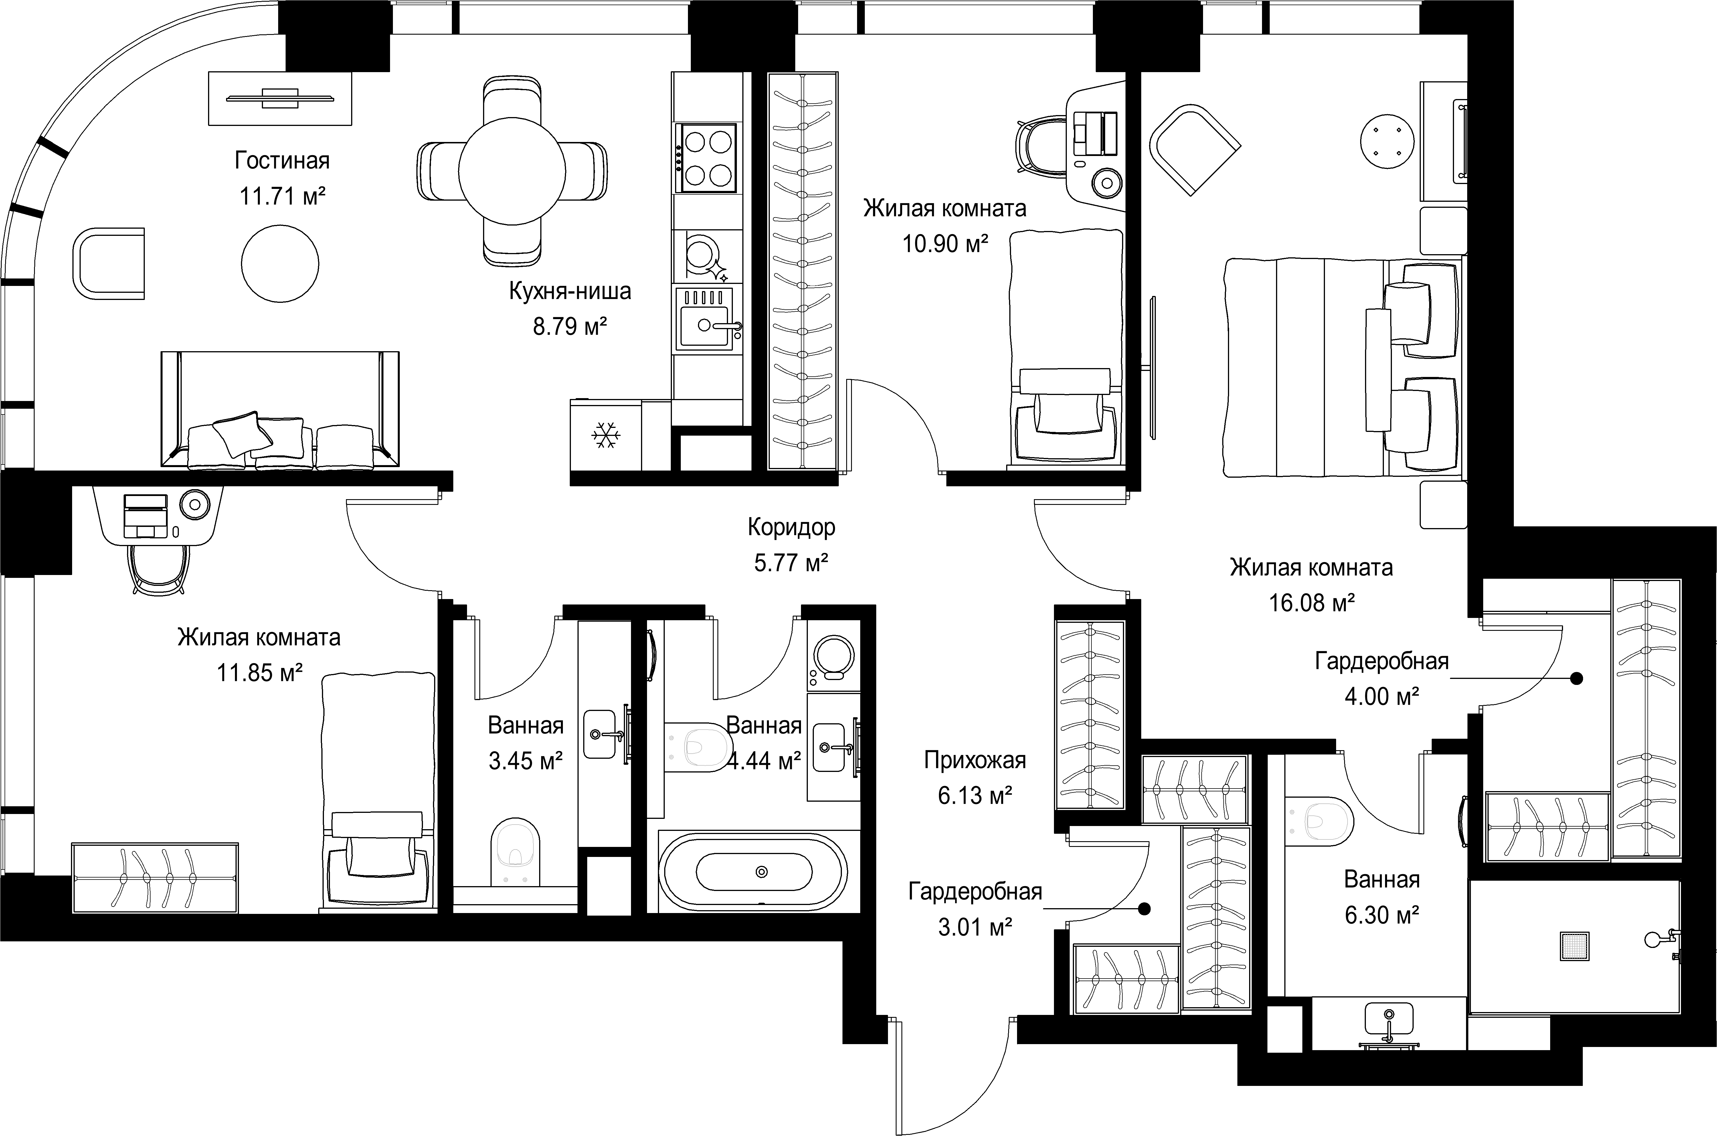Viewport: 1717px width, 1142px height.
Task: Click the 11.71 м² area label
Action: click(x=282, y=196)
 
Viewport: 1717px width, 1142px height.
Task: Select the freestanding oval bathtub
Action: click(x=753, y=872)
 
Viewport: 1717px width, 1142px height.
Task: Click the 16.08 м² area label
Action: click(x=1312, y=602)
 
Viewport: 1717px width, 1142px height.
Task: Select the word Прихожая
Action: click(x=975, y=760)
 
